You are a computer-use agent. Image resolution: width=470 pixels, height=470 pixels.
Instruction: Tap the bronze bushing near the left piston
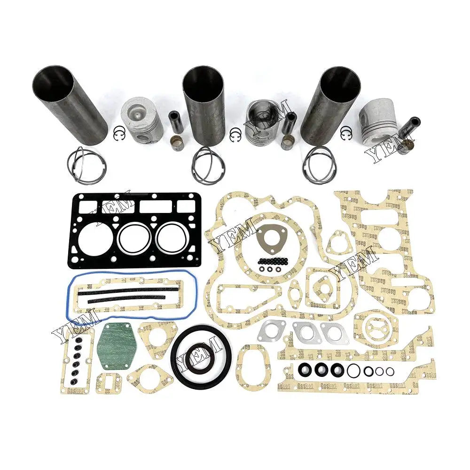(x=177, y=142)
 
